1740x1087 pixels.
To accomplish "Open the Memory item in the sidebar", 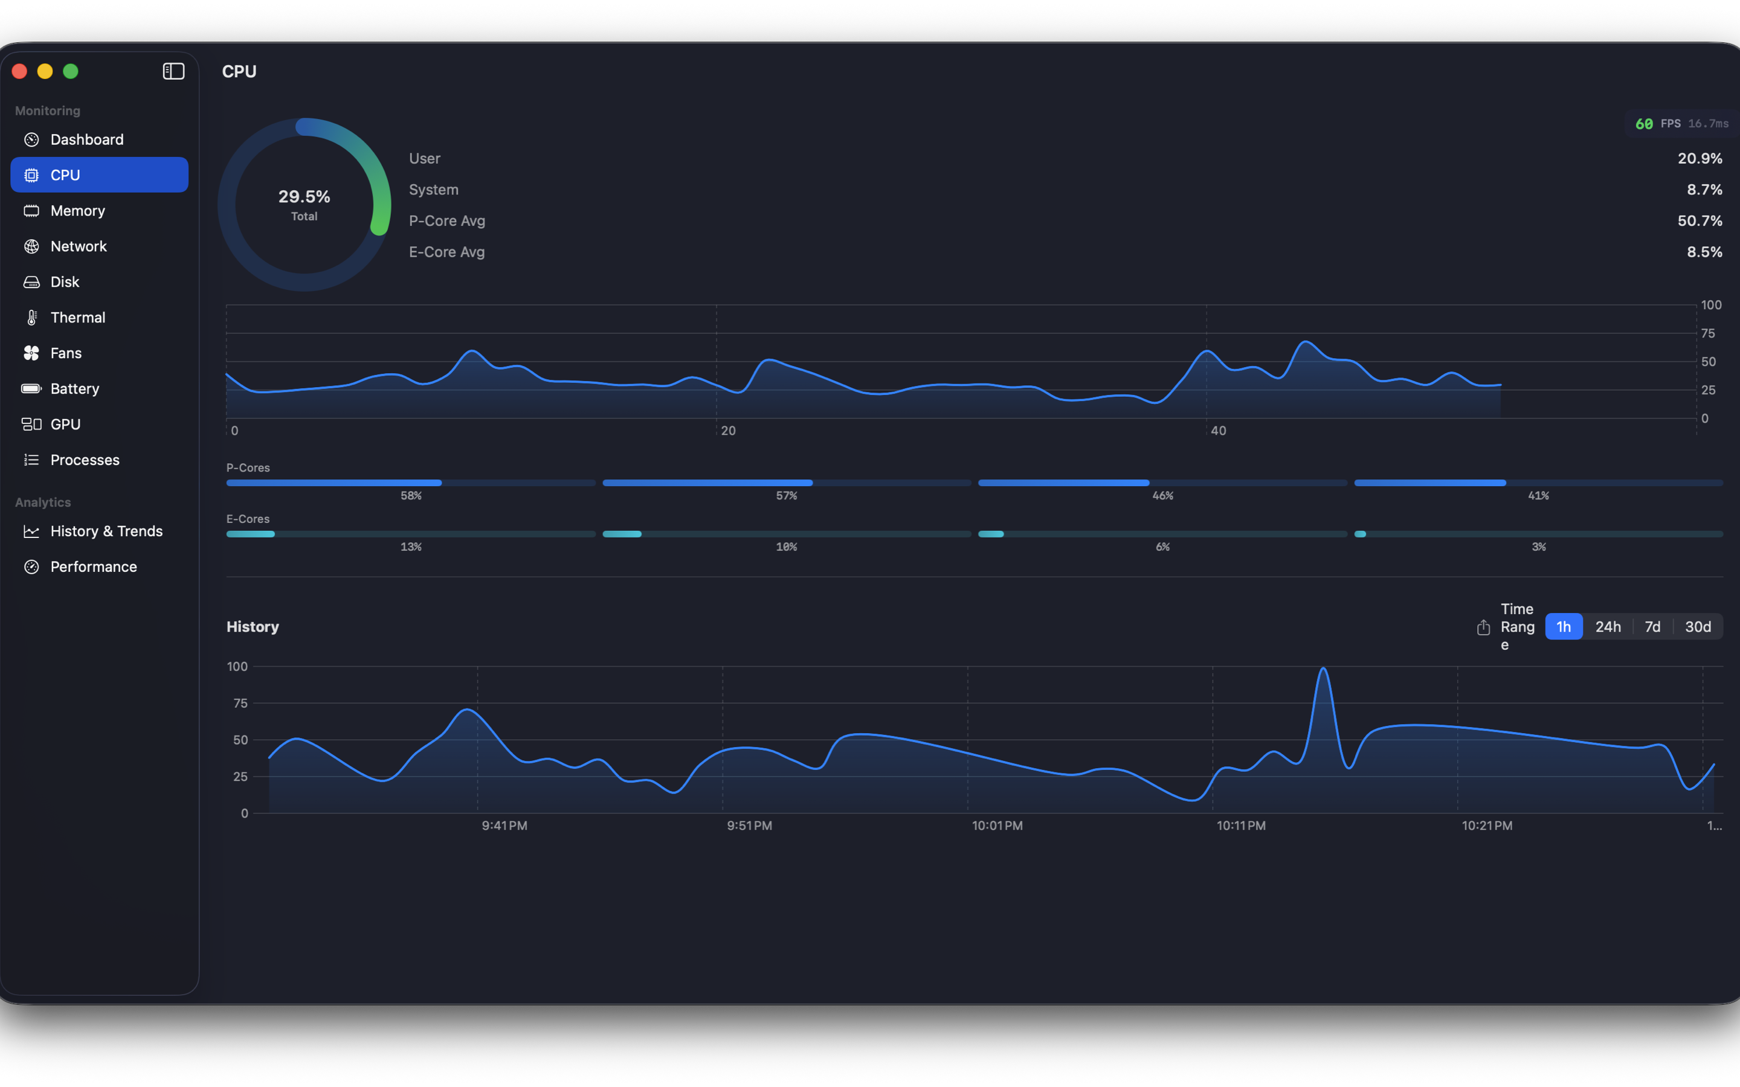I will pyautogui.click(x=78, y=211).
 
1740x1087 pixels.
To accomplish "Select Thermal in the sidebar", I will pyautogui.click(x=78, y=318).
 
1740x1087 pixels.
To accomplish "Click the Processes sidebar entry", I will pyautogui.click(x=85, y=460).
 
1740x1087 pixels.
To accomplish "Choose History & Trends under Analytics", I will pyautogui.click(x=106, y=531).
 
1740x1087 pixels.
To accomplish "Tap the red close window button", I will pyautogui.click(x=19, y=71).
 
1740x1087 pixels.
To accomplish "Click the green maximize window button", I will pyautogui.click(x=71, y=71).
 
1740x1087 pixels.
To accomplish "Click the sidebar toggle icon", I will pyautogui.click(x=173, y=71).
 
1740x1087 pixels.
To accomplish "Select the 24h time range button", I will pyautogui.click(x=1608, y=627).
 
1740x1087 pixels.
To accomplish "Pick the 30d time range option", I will pyautogui.click(x=1698, y=627).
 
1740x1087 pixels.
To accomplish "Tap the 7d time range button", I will pyautogui.click(x=1652, y=627).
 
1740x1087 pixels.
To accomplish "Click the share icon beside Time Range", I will pyautogui.click(x=1483, y=627).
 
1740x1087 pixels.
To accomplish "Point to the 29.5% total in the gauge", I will pyautogui.click(x=304, y=197).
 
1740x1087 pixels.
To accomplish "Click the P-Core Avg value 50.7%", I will pyautogui.click(x=1699, y=220).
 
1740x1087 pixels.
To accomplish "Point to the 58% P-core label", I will pyautogui.click(x=411, y=496).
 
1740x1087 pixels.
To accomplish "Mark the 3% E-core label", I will pyautogui.click(x=1538, y=547).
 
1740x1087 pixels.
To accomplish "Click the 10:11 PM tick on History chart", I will pyautogui.click(x=1240, y=826).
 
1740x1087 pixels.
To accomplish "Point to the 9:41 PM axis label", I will pyautogui.click(x=504, y=826).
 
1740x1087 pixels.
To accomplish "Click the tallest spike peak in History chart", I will pyautogui.click(x=1323, y=669).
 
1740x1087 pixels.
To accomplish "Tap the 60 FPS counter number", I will pyautogui.click(x=1644, y=124).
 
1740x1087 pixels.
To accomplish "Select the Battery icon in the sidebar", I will pyautogui.click(x=31, y=389).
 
